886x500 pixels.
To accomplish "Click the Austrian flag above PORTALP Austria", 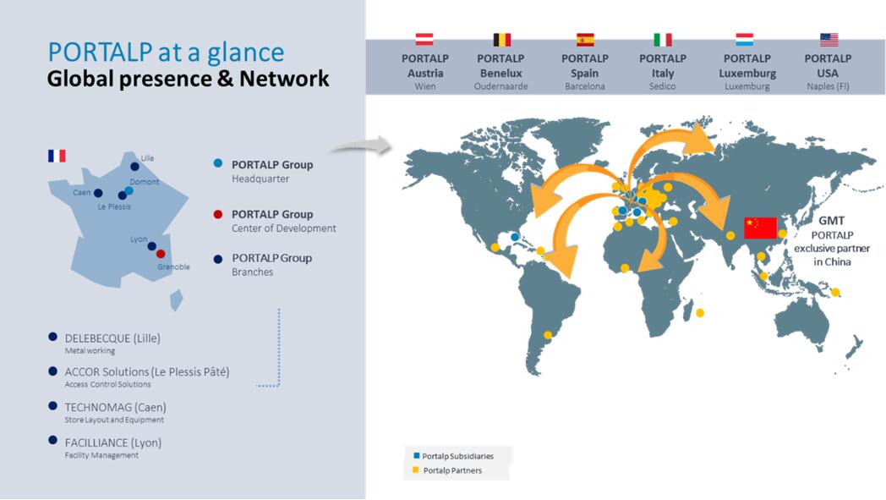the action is pos(424,39).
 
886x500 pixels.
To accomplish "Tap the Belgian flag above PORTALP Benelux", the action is pos(501,40).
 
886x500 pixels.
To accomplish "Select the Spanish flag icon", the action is pos(585,40).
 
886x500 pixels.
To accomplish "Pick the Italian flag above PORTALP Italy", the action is pos(662,40).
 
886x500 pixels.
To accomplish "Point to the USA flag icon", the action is pos(829,40).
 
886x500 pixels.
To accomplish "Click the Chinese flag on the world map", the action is pos(761,228).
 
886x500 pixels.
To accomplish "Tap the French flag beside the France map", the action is pos(57,156).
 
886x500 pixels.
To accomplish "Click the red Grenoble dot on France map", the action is pos(161,254).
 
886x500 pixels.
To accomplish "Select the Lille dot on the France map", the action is pos(134,167).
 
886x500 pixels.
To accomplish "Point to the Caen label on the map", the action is pos(81,192).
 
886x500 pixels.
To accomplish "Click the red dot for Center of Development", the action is pos(217,214).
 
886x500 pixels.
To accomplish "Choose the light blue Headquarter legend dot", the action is pos(217,163).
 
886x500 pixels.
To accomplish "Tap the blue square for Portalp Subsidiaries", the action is pos(417,455).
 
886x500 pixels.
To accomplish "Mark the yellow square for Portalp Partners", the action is pos(416,470).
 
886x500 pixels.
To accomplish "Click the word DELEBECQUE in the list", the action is pos(97,338).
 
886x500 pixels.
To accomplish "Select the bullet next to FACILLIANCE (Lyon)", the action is pos(52,440).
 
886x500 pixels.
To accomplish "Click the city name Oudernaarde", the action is pos(500,86).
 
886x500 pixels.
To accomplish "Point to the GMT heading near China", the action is pos(831,221).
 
